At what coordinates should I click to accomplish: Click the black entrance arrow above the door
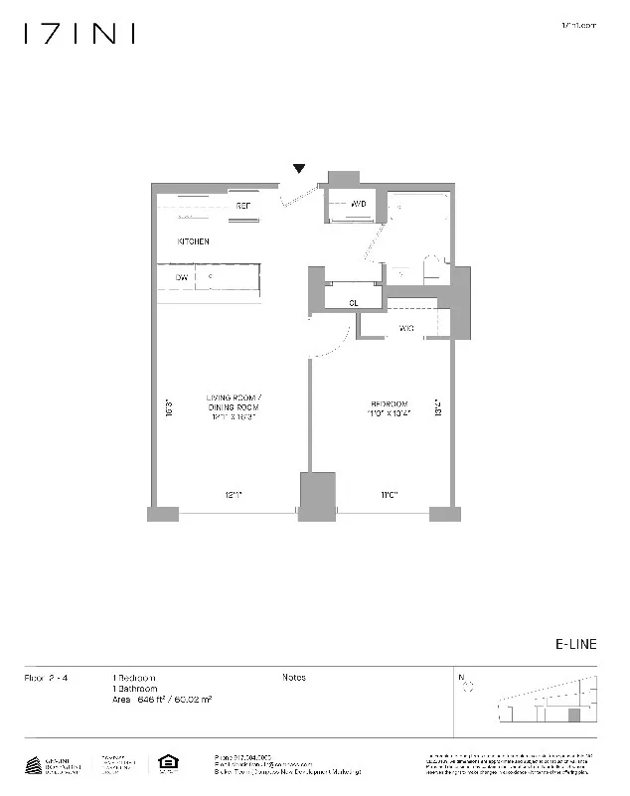tap(299, 169)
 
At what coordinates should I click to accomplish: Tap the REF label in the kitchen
tap(242, 207)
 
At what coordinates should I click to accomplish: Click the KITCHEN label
tap(193, 241)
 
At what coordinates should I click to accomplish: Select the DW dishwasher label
tap(182, 278)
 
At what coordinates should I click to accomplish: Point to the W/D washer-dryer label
tap(360, 204)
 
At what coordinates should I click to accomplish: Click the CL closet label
tap(353, 303)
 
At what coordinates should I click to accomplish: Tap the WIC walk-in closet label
tap(406, 328)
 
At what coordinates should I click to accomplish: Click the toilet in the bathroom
tap(432, 270)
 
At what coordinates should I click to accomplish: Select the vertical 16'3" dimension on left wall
tap(170, 407)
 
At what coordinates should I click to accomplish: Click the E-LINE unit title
tap(575, 644)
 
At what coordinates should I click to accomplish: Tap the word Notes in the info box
tap(294, 678)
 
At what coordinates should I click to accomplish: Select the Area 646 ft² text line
tap(162, 700)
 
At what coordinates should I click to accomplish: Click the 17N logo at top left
tap(79, 34)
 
